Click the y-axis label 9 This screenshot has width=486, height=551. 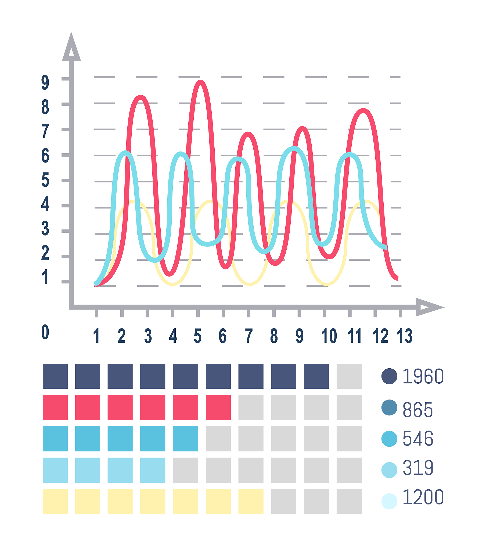(45, 83)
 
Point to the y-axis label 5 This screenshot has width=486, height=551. (45, 180)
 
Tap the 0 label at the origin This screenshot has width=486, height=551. (45, 332)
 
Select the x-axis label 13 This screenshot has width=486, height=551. (404, 336)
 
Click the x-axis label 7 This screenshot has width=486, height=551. (249, 336)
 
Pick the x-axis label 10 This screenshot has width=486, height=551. (329, 336)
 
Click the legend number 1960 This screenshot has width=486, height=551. (423, 376)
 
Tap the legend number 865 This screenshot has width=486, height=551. (417, 410)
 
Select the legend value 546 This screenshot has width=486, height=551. (418, 439)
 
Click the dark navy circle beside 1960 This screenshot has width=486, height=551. (389, 376)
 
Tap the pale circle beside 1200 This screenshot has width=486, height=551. (389, 501)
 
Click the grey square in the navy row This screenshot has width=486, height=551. (349, 376)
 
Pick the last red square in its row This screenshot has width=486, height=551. (218, 407)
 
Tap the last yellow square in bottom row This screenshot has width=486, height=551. (251, 501)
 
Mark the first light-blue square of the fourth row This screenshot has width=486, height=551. (55, 470)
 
